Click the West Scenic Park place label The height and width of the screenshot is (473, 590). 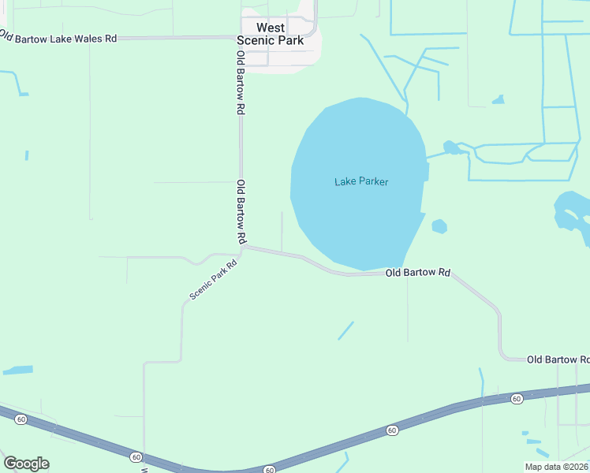click(270, 34)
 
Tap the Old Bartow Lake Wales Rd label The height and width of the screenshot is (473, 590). click(58, 37)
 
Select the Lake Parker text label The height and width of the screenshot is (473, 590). click(361, 181)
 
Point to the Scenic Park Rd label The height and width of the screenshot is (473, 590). click(213, 281)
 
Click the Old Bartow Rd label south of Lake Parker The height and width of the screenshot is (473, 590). click(417, 273)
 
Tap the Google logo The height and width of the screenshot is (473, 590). click(26, 464)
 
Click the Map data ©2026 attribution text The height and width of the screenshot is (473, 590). click(556, 467)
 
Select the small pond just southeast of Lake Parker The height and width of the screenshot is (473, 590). click(439, 226)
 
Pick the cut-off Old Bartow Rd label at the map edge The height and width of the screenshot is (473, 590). click(558, 359)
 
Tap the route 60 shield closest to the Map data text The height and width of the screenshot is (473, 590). click(516, 399)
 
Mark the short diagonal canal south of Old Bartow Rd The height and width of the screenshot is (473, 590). click(345, 330)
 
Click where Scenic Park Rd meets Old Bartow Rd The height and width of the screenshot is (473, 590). click(243, 248)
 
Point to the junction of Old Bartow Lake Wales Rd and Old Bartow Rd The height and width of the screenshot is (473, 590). click(241, 38)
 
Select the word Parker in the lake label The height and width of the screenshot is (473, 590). click(373, 181)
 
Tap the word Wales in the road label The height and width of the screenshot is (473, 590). click(87, 38)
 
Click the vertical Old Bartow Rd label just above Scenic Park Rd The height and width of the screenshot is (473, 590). click(242, 211)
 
